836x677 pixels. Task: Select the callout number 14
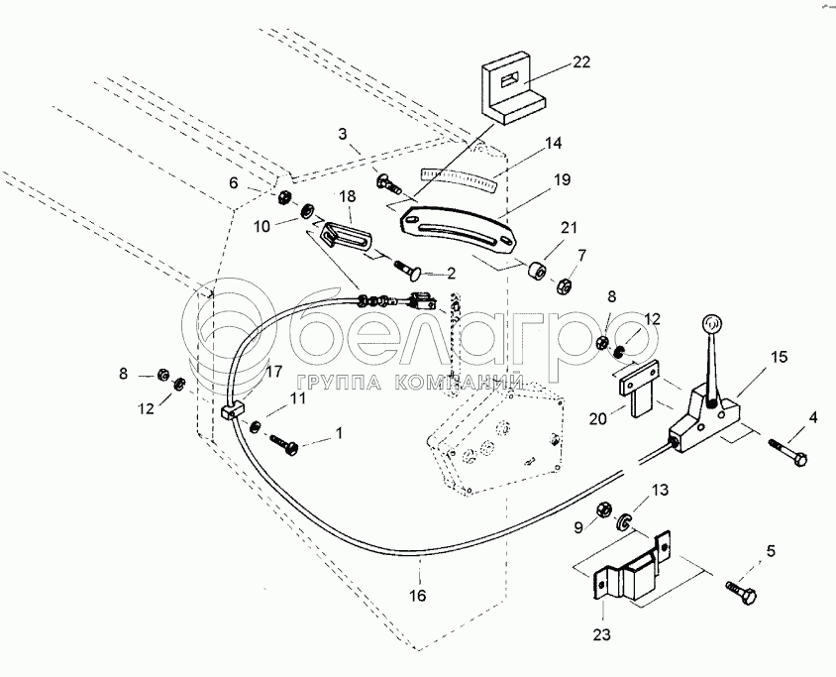point(553,143)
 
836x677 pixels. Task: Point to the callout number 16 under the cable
point(418,596)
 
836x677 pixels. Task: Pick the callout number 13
point(659,489)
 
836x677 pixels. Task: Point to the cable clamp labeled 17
point(232,411)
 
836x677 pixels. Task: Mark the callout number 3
point(342,133)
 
